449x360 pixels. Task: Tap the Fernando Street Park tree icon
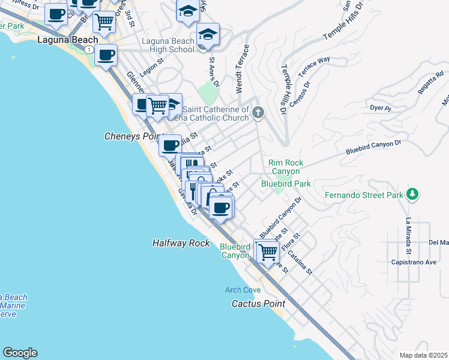click(x=412, y=194)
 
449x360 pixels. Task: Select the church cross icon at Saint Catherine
click(x=258, y=112)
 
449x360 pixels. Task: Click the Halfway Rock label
click(x=181, y=243)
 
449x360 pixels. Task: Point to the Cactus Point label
click(x=258, y=304)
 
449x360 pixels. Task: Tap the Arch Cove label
click(x=243, y=290)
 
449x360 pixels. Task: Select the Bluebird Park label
click(x=286, y=184)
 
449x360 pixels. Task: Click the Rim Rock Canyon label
click(x=286, y=167)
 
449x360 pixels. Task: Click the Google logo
click(x=20, y=353)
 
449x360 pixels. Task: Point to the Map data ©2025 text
click(x=423, y=355)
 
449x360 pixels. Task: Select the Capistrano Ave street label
click(x=414, y=262)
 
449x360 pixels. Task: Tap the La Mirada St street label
click(x=408, y=235)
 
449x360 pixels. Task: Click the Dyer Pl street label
click(x=380, y=109)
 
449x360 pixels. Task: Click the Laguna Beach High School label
click(x=168, y=45)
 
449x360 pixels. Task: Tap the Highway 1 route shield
click(x=88, y=49)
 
